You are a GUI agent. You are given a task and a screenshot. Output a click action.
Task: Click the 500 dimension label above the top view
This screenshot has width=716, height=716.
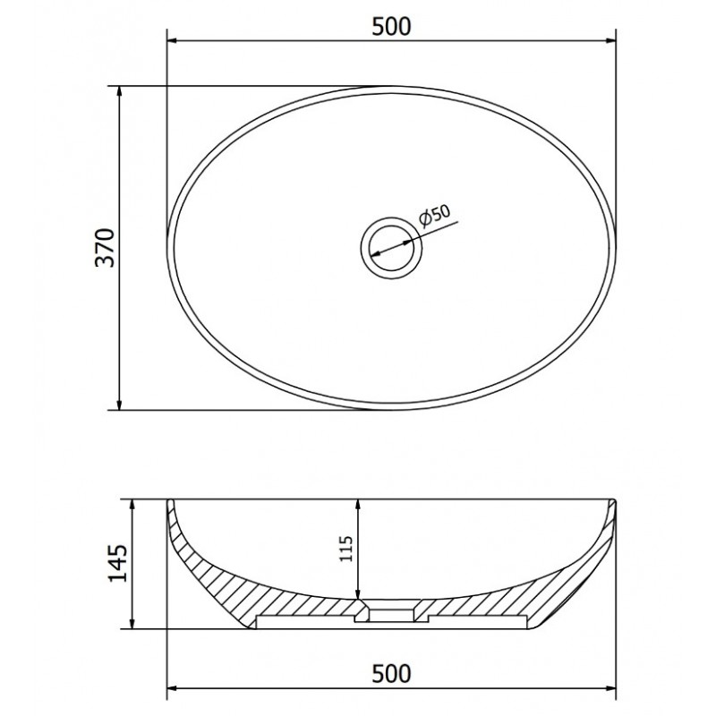(x=391, y=27)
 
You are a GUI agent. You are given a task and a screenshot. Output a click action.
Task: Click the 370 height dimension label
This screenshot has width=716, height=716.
(x=105, y=248)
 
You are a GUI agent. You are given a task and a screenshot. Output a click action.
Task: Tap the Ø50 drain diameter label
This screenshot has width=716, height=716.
(x=434, y=215)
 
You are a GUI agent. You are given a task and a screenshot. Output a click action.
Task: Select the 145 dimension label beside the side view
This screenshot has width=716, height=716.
(x=118, y=563)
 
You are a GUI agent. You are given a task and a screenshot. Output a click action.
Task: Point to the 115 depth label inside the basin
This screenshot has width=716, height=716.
(x=346, y=549)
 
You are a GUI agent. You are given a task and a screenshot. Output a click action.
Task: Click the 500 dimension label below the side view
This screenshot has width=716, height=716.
(x=391, y=674)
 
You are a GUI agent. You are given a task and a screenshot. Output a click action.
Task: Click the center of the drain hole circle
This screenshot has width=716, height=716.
(x=391, y=248)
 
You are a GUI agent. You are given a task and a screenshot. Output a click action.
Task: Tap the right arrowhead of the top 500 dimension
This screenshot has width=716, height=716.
(x=610, y=41)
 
